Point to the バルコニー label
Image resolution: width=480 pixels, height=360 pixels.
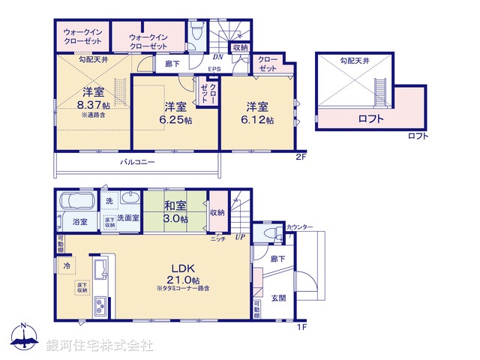click(136, 162)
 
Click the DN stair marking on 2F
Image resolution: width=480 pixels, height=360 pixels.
click(217, 57)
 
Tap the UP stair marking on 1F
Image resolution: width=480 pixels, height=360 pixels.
click(241, 238)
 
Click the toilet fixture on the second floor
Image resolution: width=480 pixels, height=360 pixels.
click(196, 32)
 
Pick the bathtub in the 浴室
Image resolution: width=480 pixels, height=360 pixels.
click(74, 203)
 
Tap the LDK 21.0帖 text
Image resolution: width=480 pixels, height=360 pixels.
click(181, 273)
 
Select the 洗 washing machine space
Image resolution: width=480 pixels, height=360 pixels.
click(109, 201)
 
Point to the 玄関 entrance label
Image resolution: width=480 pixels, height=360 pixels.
click(277, 297)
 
